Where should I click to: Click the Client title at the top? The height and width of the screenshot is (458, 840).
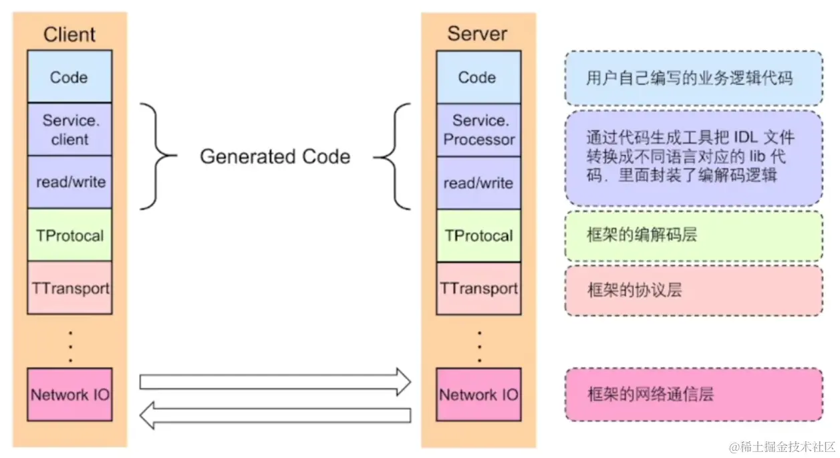pos(69,35)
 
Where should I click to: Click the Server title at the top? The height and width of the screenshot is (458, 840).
pos(477,34)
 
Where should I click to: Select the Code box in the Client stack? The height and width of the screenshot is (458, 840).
pos(69,77)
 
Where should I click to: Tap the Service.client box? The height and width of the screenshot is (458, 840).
pos(69,130)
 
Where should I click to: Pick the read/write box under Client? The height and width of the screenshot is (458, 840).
pos(69,182)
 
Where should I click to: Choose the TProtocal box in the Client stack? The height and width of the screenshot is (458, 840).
pos(69,235)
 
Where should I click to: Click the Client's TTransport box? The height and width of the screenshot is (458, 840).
pos(69,288)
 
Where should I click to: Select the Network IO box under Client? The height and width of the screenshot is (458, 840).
pos(69,394)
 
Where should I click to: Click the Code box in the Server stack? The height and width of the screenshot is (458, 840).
pos(478,78)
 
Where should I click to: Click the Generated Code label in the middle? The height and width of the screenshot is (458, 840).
pos(275,157)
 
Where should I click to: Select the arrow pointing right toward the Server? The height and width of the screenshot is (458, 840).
pos(274,382)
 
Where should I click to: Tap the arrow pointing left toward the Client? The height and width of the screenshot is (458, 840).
pos(274,415)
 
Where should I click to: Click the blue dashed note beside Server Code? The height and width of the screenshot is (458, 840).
pos(693,78)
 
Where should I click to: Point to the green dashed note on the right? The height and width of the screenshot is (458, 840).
pos(693,236)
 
